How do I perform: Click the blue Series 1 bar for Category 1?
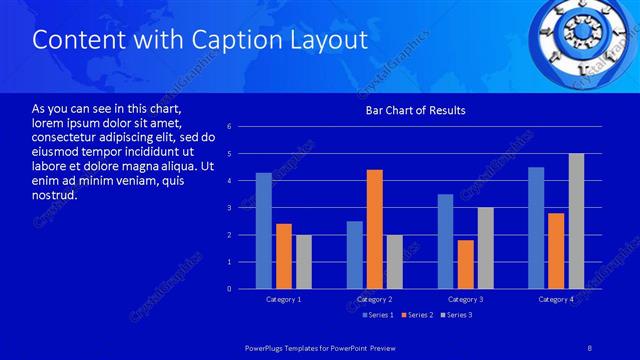click(263, 231)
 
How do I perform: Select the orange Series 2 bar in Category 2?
click(375, 229)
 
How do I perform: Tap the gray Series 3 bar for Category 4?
click(576, 221)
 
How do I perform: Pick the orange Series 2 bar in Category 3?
click(465, 264)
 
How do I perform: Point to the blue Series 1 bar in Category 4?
click(536, 228)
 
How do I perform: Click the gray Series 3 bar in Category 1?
click(303, 262)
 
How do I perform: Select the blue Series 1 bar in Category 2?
click(355, 255)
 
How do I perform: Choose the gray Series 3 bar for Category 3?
click(485, 248)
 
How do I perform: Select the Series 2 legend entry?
click(416, 315)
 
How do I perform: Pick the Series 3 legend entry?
click(456, 315)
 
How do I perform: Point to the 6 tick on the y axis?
click(230, 127)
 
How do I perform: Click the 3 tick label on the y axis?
click(230, 208)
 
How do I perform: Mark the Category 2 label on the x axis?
click(374, 300)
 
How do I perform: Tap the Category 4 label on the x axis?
click(556, 300)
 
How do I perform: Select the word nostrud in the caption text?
click(55, 194)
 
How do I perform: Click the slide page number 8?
click(589, 346)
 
